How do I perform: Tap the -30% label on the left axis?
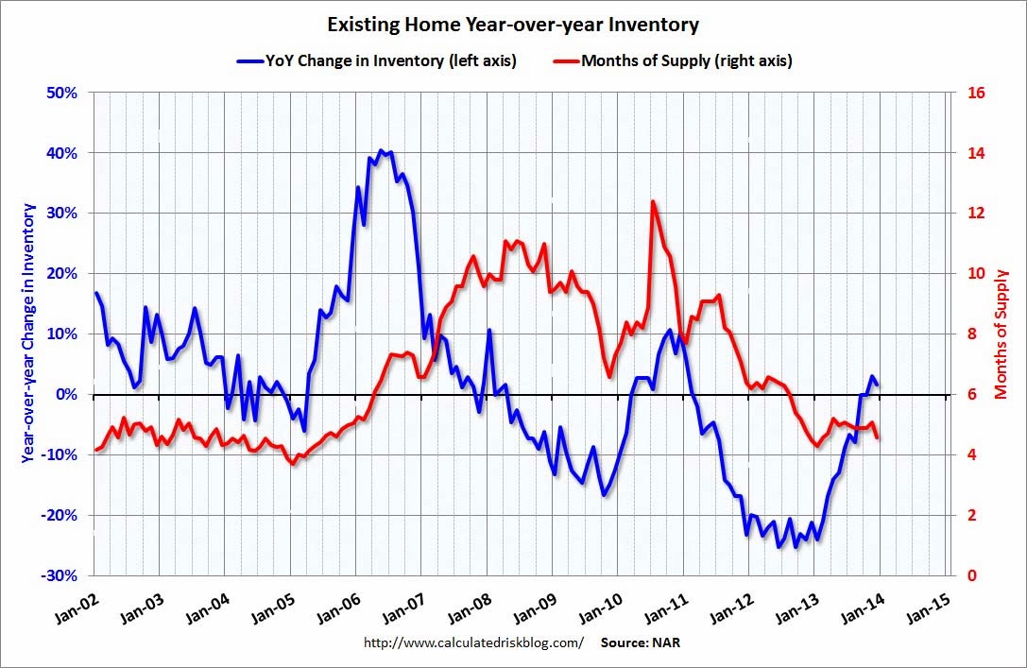[x=59, y=575]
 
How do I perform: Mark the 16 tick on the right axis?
[x=972, y=93]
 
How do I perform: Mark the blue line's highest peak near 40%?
[x=381, y=150]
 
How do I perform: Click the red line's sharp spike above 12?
[x=653, y=201]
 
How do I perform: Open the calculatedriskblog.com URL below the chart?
[x=473, y=642]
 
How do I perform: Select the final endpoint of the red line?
[x=878, y=437]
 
